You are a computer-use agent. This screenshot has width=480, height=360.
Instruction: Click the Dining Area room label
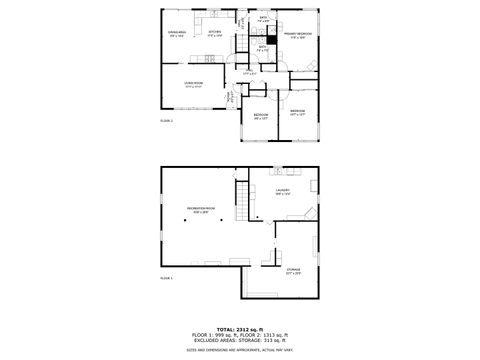pos(177,33)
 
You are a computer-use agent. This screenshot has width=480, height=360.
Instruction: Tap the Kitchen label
pos(214,32)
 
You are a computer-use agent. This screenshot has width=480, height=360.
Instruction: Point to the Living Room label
pos(193,85)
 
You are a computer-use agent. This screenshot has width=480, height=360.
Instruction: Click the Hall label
pos(250,72)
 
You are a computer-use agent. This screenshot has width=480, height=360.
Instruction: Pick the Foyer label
pos(229,97)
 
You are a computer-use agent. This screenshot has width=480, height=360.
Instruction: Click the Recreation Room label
pos(200,208)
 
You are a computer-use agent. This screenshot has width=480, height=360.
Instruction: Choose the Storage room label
pos(293,269)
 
